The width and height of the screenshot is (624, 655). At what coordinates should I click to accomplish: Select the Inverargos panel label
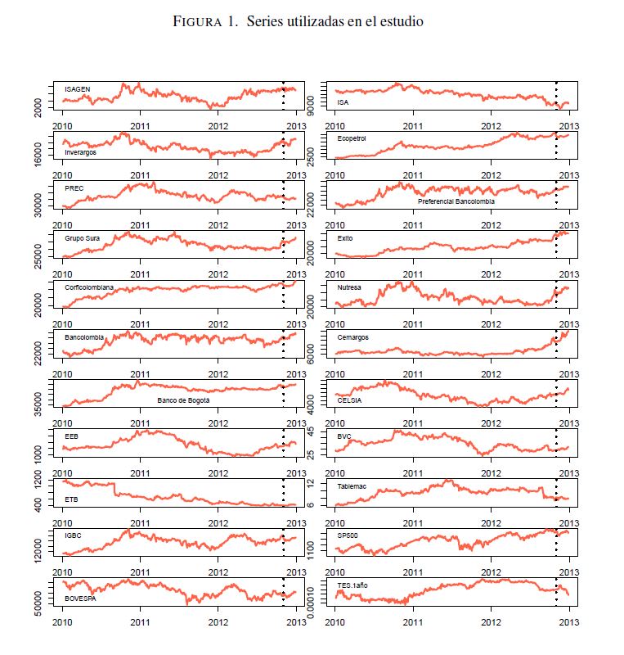coord(80,152)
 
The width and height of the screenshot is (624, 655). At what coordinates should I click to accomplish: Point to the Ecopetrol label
coord(352,138)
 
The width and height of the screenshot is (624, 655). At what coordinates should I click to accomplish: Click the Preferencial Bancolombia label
coord(456,201)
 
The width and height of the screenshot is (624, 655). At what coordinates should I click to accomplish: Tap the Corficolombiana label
coord(89,287)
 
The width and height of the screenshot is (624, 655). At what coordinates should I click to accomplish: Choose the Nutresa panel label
coord(349,287)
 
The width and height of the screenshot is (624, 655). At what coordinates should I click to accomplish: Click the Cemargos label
coord(352,337)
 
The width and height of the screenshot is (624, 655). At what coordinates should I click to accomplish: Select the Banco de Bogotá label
coord(183,400)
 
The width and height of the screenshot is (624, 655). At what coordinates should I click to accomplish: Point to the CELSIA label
coord(349,400)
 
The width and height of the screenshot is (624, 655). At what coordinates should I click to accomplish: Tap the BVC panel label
coord(344,436)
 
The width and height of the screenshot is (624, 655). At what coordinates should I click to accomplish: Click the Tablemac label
coord(352,486)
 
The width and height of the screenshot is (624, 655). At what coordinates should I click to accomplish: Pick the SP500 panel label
coord(348,535)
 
